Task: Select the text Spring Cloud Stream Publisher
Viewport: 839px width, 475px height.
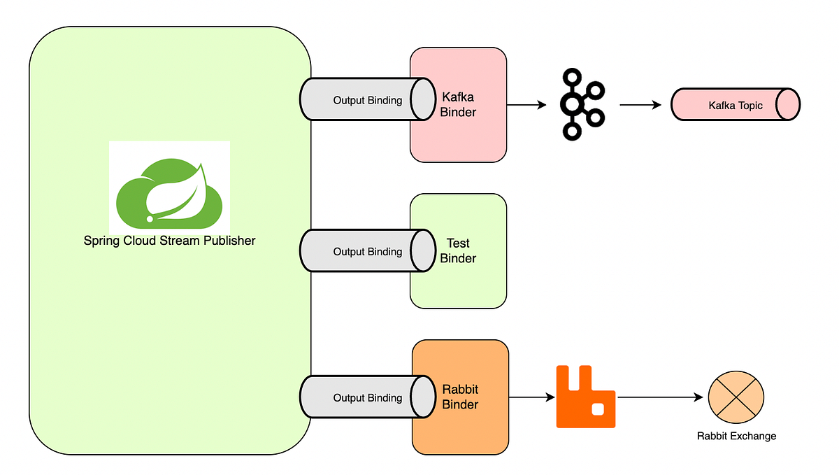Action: (169, 241)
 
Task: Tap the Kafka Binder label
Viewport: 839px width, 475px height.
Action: (458, 104)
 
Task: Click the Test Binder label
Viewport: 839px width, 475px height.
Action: (458, 250)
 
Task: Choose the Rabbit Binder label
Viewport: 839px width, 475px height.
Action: (460, 397)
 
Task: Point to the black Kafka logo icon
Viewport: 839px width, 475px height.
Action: (580, 103)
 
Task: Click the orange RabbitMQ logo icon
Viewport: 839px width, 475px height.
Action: (585, 396)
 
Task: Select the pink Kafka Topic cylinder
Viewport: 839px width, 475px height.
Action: (734, 105)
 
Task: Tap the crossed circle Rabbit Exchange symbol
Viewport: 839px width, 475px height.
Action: (736, 397)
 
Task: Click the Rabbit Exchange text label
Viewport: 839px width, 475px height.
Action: (736, 436)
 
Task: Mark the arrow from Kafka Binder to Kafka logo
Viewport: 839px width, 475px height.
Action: (526, 105)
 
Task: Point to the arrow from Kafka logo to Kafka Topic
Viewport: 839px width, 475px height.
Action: (640, 105)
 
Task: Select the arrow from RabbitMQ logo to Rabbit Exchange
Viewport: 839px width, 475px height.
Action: (660, 397)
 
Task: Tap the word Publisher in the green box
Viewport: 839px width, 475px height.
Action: (229, 241)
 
